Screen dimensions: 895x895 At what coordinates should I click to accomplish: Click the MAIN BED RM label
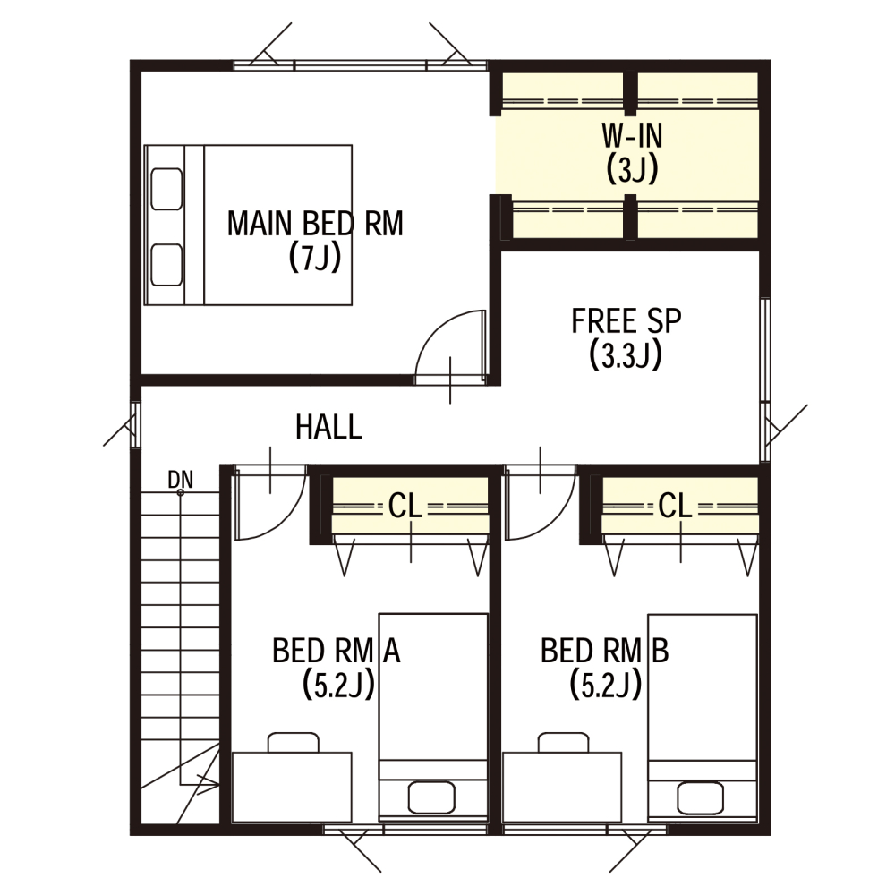(315, 223)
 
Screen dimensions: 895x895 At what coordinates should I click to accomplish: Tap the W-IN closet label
(632, 136)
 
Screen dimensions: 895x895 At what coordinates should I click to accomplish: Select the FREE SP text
(626, 320)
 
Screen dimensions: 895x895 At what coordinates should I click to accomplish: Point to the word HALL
(328, 426)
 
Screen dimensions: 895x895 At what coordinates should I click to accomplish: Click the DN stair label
(181, 480)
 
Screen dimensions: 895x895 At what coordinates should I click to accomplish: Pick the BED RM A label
(337, 650)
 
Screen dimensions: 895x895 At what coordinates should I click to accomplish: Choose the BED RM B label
(604, 650)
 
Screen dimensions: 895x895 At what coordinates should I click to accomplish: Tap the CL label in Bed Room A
(405, 505)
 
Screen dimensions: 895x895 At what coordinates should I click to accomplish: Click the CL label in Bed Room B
(675, 505)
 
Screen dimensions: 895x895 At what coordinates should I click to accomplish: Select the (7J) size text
(315, 257)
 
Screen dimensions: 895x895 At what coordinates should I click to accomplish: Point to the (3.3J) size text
(626, 354)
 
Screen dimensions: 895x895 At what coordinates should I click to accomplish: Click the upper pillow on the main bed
(166, 189)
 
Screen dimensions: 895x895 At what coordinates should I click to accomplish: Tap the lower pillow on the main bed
(166, 265)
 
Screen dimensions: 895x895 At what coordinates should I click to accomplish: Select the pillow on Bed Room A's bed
(431, 797)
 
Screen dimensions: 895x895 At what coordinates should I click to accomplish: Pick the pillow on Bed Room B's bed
(701, 797)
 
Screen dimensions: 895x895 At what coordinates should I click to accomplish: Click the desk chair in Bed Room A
(294, 743)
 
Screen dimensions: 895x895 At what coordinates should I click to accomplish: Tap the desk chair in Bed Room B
(563, 743)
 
